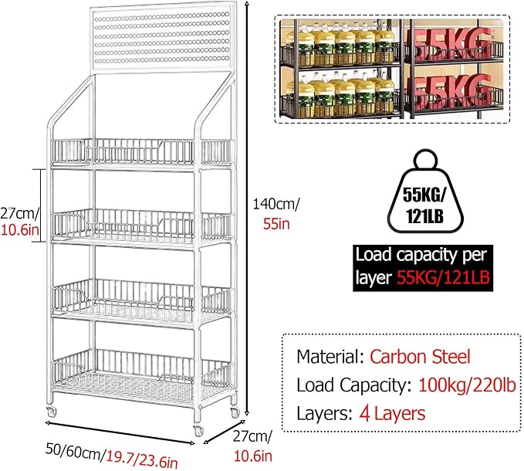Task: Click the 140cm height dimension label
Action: pos(276,204)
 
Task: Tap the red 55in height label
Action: pos(276,224)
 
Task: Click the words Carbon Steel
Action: pos(420,357)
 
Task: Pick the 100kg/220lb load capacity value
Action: pos(467,385)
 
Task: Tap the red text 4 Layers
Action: pos(392,414)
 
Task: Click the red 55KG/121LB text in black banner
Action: pos(444,277)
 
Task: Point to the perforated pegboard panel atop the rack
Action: pos(162,39)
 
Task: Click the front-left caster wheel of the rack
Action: pos(198,431)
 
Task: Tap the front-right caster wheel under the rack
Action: pos(235,412)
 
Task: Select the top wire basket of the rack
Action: pos(142,153)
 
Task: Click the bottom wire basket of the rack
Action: pos(142,375)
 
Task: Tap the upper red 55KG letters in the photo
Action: pos(449,42)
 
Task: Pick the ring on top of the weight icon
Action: pos(425,160)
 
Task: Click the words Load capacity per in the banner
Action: pos(421,256)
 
